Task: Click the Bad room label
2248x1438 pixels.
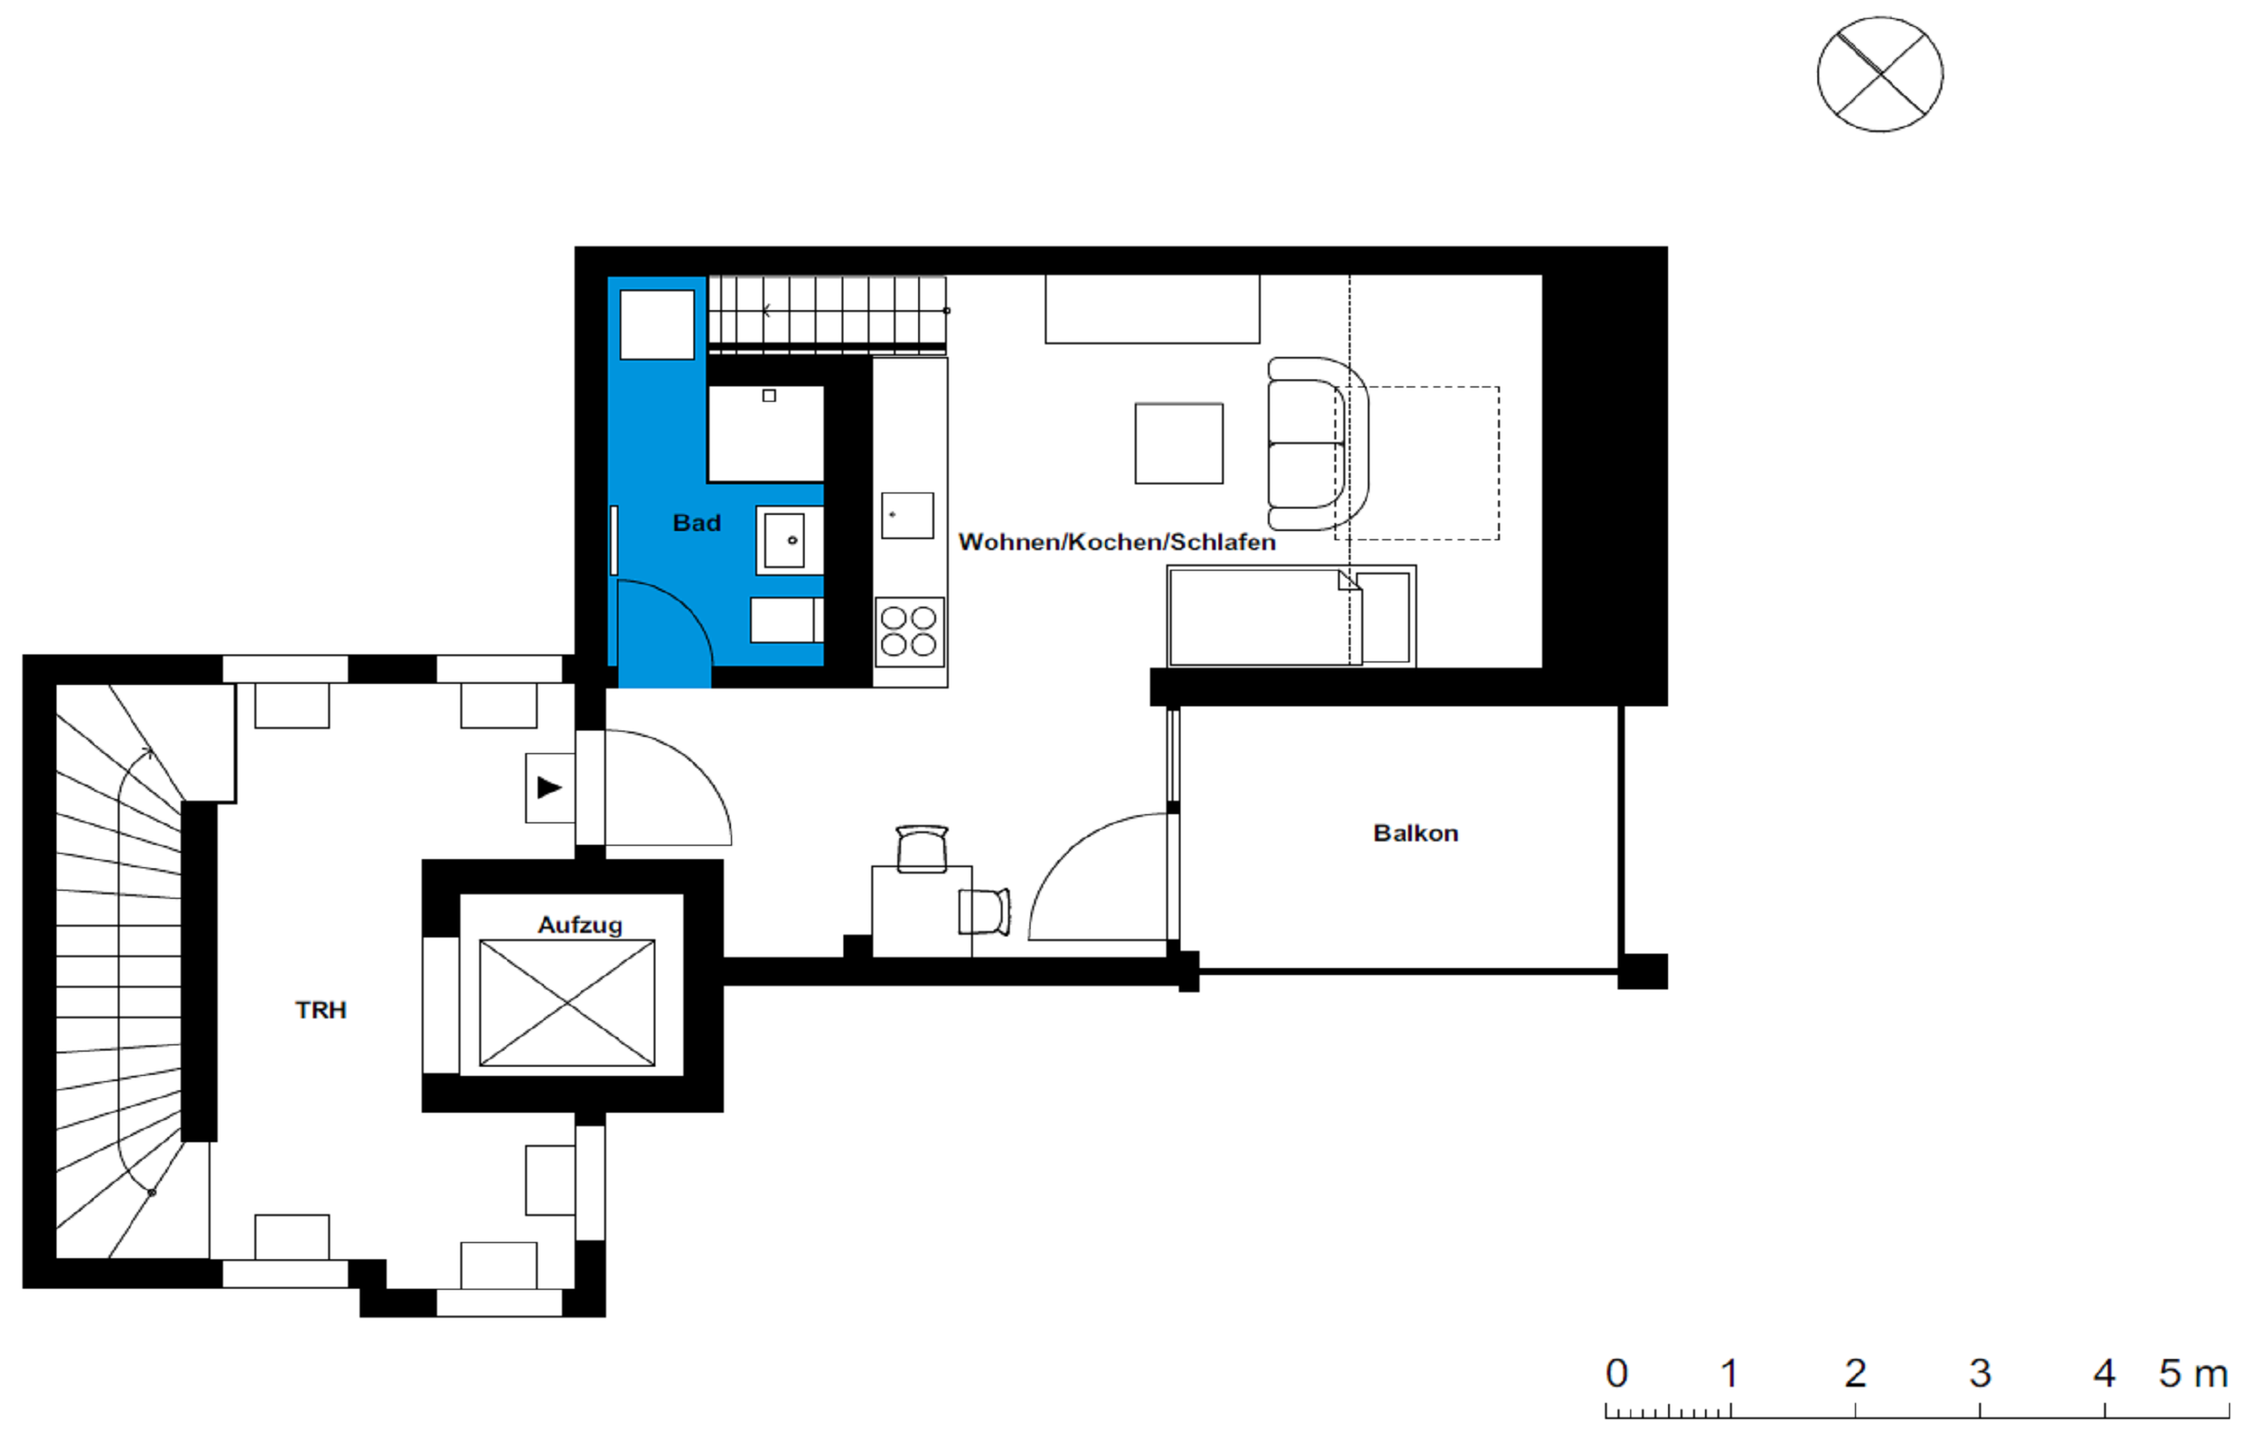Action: click(x=697, y=523)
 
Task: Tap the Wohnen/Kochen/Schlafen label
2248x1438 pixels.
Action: click(x=1117, y=543)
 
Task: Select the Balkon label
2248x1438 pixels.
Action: click(x=1416, y=833)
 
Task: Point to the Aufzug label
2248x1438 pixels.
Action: click(x=580, y=926)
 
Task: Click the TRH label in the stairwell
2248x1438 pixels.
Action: click(x=321, y=1010)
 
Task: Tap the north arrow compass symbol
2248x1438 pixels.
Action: click(x=1880, y=75)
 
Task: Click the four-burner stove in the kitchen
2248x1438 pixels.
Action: click(x=910, y=631)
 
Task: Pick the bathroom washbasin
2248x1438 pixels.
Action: click(x=789, y=541)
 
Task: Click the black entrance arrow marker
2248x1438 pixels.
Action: click(x=549, y=788)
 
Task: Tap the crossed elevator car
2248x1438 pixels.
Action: click(x=566, y=1003)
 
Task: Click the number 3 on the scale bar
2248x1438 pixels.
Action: click(x=1981, y=1372)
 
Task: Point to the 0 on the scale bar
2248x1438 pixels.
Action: click(x=1617, y=1372)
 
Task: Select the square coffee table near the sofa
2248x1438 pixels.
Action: click(x=1179, y=444)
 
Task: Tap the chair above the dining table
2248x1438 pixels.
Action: click(x=922, y=848)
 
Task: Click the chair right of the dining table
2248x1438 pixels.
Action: click(x=985, y=912)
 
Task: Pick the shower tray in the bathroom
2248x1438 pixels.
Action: click(x=766, y=434)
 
